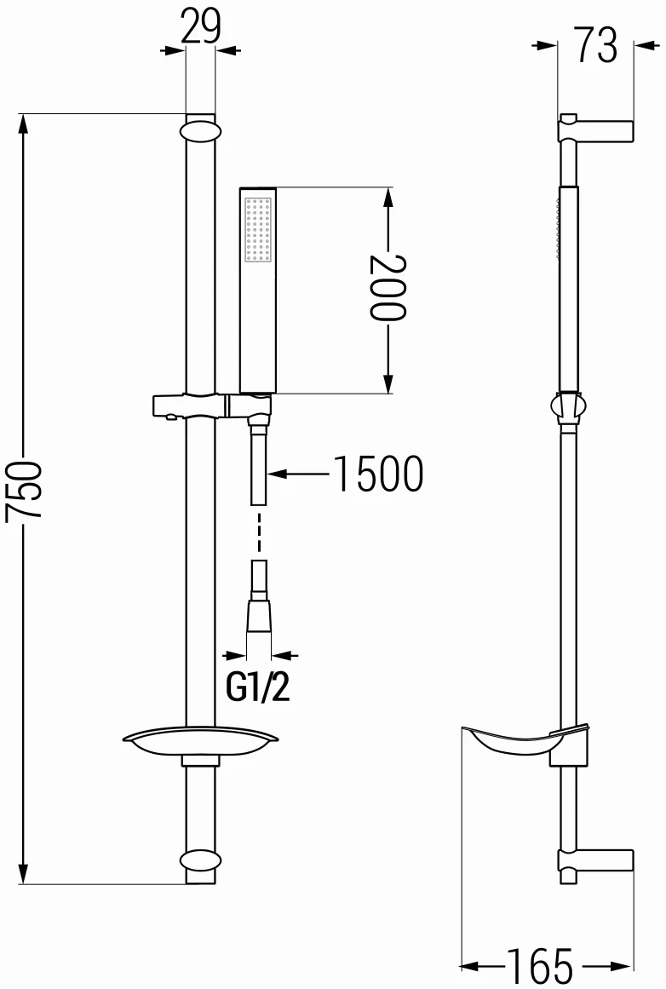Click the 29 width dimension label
coord(200,28)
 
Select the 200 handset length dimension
coord(388,286)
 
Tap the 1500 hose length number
coord(376,474)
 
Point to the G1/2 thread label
coord(258,688)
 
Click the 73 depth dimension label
coord(595,46)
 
